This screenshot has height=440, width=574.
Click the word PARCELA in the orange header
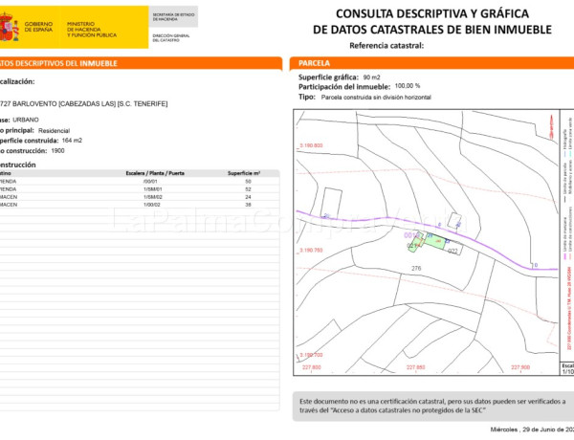[x=316, y=63]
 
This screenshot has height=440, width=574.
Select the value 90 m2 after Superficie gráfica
[x=372, y=77]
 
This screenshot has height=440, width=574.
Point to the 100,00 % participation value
[x=407, y=86]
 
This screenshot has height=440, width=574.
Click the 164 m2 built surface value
[x=72, y=141]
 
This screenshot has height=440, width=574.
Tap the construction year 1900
[x=58, y=151]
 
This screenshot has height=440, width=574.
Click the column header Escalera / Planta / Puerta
[x=156, y=173]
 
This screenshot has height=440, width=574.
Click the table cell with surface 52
[x=248, y=189]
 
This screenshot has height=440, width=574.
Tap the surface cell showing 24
[x=248, y=197]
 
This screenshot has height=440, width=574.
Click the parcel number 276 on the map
[x=416, y=269]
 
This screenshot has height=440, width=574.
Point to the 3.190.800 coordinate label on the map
[x=312, y=145]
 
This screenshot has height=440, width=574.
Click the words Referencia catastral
[x=386, y=46]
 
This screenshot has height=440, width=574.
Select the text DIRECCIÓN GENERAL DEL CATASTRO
[x=172, y=38]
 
